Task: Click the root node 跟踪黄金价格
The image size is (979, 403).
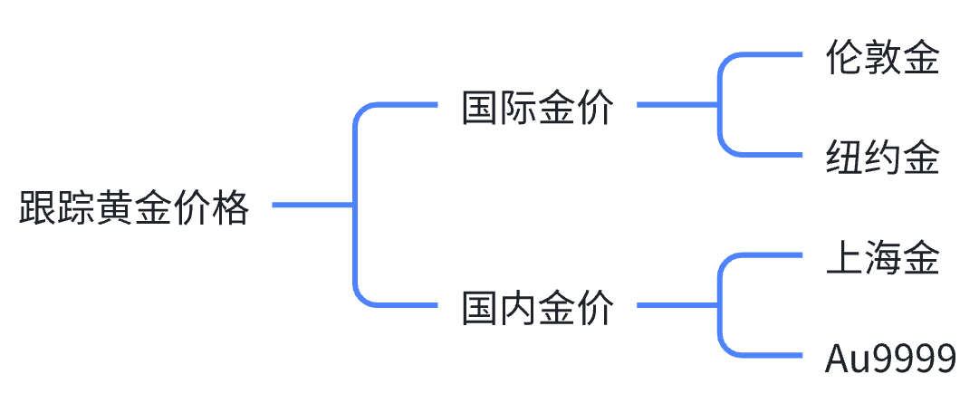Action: tap(134, 209)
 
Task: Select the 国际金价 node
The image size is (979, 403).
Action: tap(538, 108)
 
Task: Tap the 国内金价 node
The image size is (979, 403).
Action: tap(538, 308)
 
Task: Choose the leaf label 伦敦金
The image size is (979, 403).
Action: tap(882, 58)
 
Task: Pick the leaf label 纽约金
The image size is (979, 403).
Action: tap(882, 158)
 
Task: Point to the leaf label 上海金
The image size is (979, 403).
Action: tap(882, 258)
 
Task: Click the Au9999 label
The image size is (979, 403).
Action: tap(891, 359)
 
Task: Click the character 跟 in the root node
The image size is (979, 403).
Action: tap(39, 209)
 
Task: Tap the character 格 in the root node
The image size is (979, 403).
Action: tap(229, 209)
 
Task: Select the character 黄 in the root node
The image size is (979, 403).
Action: tap(115, 209)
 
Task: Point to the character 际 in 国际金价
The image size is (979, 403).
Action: tap(519, 108)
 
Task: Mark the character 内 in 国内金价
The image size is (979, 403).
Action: tap(519, 308)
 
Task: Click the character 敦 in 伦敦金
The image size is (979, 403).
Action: tap(882, 58)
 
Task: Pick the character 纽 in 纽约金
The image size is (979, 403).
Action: tap(844, 158)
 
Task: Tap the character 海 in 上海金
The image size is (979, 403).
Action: tap(882, 258)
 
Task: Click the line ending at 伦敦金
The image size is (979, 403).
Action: tap(770, 55)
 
